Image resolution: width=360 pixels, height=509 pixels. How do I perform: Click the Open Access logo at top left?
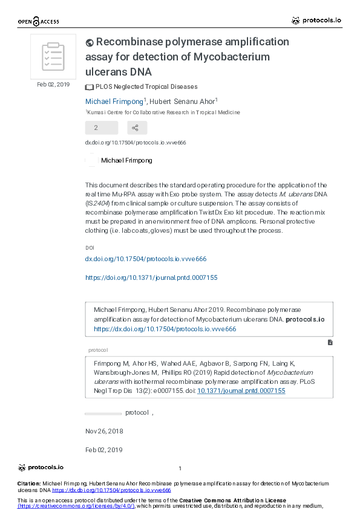(x=38, y=22)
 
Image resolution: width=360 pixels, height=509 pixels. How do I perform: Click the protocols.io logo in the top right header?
(x=316, y=21)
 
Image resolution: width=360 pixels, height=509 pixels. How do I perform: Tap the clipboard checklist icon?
(x=53, y=56)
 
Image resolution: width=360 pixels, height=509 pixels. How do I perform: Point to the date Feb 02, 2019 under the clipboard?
(x=53, y=85)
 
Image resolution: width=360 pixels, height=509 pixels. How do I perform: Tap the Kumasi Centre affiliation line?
(x=163, y=112)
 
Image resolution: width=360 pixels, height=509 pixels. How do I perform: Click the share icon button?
(x=137, y=128)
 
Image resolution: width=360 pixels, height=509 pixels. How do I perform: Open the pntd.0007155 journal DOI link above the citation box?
(x=151, y=277)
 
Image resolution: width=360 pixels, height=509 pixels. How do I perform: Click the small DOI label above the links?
(x=90, y=248)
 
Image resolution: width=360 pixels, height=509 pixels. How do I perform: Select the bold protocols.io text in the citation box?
(x=305, y=319)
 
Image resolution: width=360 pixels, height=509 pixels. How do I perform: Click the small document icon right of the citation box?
(x=330, y=342)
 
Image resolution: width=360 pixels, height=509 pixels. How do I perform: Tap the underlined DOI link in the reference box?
(x=249, y=391)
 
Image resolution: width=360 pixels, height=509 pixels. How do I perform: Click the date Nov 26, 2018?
(x=104, y=431)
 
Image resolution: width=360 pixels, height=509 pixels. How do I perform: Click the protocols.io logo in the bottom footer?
(x=41, y=467)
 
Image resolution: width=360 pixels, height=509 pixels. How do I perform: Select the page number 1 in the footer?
(x=180, y=468)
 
